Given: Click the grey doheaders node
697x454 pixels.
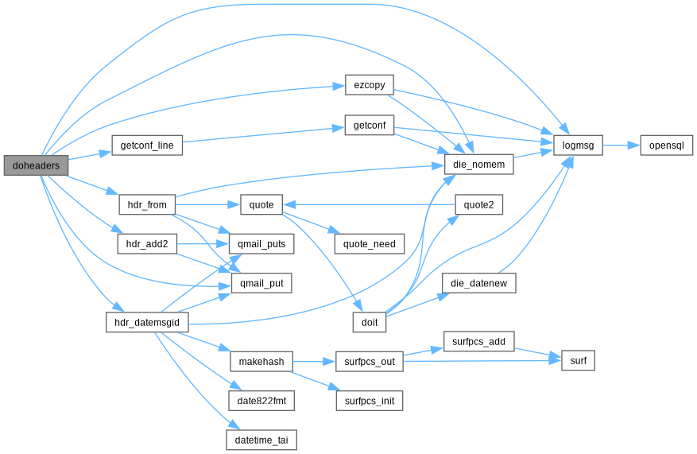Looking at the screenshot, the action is pyautogui.click(x=36, y=165).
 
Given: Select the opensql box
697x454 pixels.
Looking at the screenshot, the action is pyautogui.click(x=666, y=146).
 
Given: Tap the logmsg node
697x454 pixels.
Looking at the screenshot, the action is pyautogui.click(x=578, y=146).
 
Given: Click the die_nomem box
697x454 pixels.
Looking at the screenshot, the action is pyautogui.click(x=478, y=165).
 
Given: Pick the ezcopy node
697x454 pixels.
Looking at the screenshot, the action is pyautogui.click(x=370, y=85).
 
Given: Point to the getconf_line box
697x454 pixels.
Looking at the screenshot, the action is pyautogui.click(x=147, y=146).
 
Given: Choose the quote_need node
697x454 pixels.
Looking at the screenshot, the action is pyautogui.click(x=370, y=244).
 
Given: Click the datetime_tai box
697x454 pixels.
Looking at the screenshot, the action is pyautogui.click(x=261, y=440).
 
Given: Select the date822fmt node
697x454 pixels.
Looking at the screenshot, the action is pyautogui.click(x=261, y=401).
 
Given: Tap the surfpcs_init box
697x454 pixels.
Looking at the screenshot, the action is pyautogui.click(x=370, y=401).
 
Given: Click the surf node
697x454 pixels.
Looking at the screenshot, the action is pyautogui.click(x=578, y=361).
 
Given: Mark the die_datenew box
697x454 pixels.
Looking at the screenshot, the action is pyautogui.click(x=478, y=283).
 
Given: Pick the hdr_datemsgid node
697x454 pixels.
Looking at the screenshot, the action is pyautogui.click(x=147, y=322).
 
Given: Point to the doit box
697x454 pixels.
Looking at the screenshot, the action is pyautogui.click(x=370, y=322).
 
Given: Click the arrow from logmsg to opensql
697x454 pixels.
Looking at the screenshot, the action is pyautogui.click(x=621, y=146).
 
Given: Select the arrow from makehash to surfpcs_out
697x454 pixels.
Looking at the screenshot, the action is pyautogui.click(x=314, y=362).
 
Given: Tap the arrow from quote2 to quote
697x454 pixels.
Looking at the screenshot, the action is pyautogui.click(x=369, y=204).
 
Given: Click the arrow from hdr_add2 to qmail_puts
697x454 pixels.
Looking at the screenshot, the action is pyautogui.click(x=203, y=244).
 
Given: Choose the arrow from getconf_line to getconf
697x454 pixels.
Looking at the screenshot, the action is pyautogui.click(x=263, y=135).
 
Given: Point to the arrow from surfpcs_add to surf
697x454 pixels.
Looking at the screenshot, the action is pyautogui.click(x=538, y=352).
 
